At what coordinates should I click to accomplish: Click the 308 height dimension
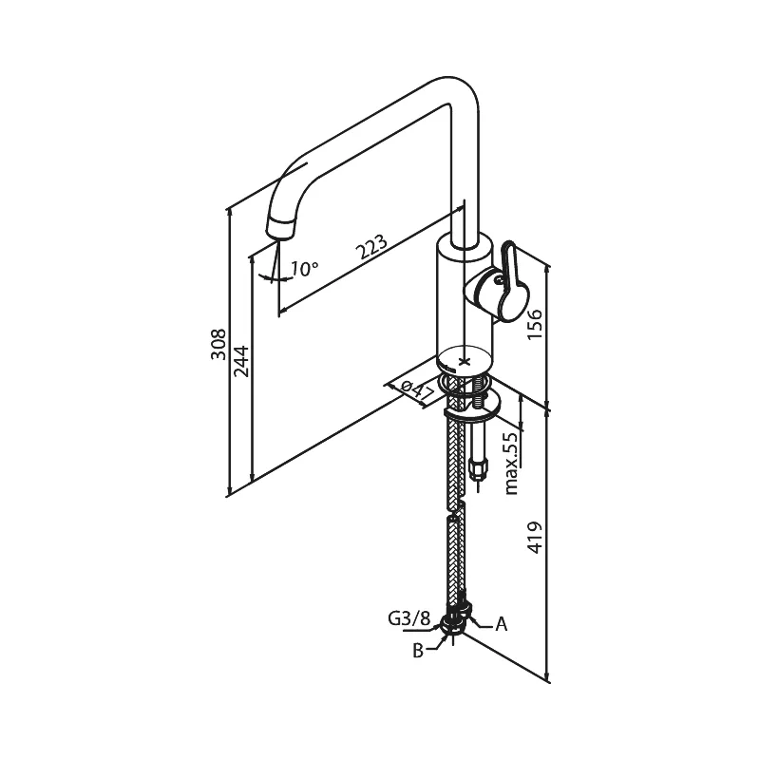pos(218,344)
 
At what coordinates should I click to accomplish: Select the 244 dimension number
pos(241,361)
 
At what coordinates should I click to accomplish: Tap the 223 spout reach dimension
pos(371,247)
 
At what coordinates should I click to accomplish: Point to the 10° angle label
pos(304,268)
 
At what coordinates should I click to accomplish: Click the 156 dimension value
pos(535,324)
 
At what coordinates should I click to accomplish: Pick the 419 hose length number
pos(535,538)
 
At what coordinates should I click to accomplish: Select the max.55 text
pos(511,464)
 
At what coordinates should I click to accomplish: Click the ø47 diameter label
pos(418,391)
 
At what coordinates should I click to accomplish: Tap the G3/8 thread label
pos(408,618)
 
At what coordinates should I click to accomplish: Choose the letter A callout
pos(502,624)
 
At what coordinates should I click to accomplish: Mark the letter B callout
pos(418,651)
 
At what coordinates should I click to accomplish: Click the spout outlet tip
pos(280,229)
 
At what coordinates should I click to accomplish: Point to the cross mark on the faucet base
pos(465,361)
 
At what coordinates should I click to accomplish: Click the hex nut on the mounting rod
pos(477,468)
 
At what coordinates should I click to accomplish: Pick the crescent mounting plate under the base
pos(473,408)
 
